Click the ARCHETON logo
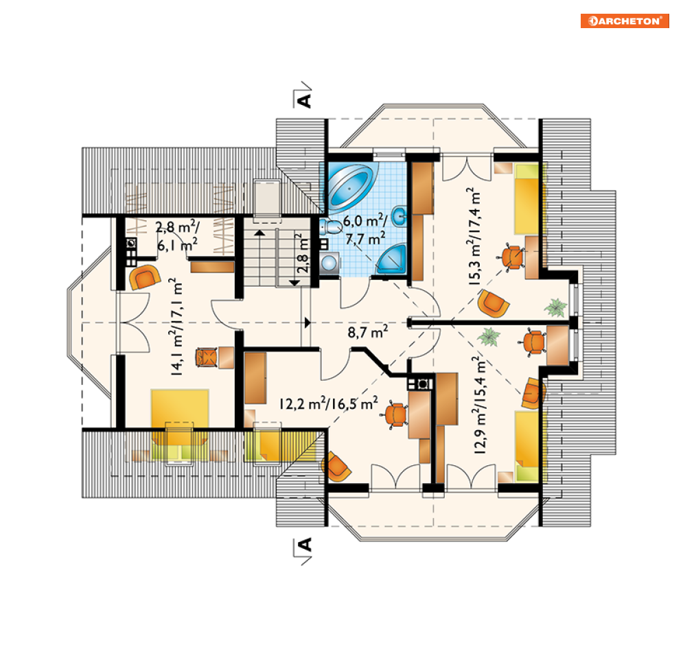[x=625, y=21]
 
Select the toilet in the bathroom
[x=331, y=227]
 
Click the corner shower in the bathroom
[x=391, y=259]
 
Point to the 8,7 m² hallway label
[x=368, y=332]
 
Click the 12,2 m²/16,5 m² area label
[x=328, y=403]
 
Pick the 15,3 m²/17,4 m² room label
[x=473, y=237]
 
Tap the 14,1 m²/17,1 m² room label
[x=176, y=327]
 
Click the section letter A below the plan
[x=303, y=545]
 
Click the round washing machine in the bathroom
[x=329, y=263]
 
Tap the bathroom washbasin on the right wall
[x=400, y=216]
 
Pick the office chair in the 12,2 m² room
[x=395, y=414]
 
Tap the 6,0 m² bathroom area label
[x=365, y=229]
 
